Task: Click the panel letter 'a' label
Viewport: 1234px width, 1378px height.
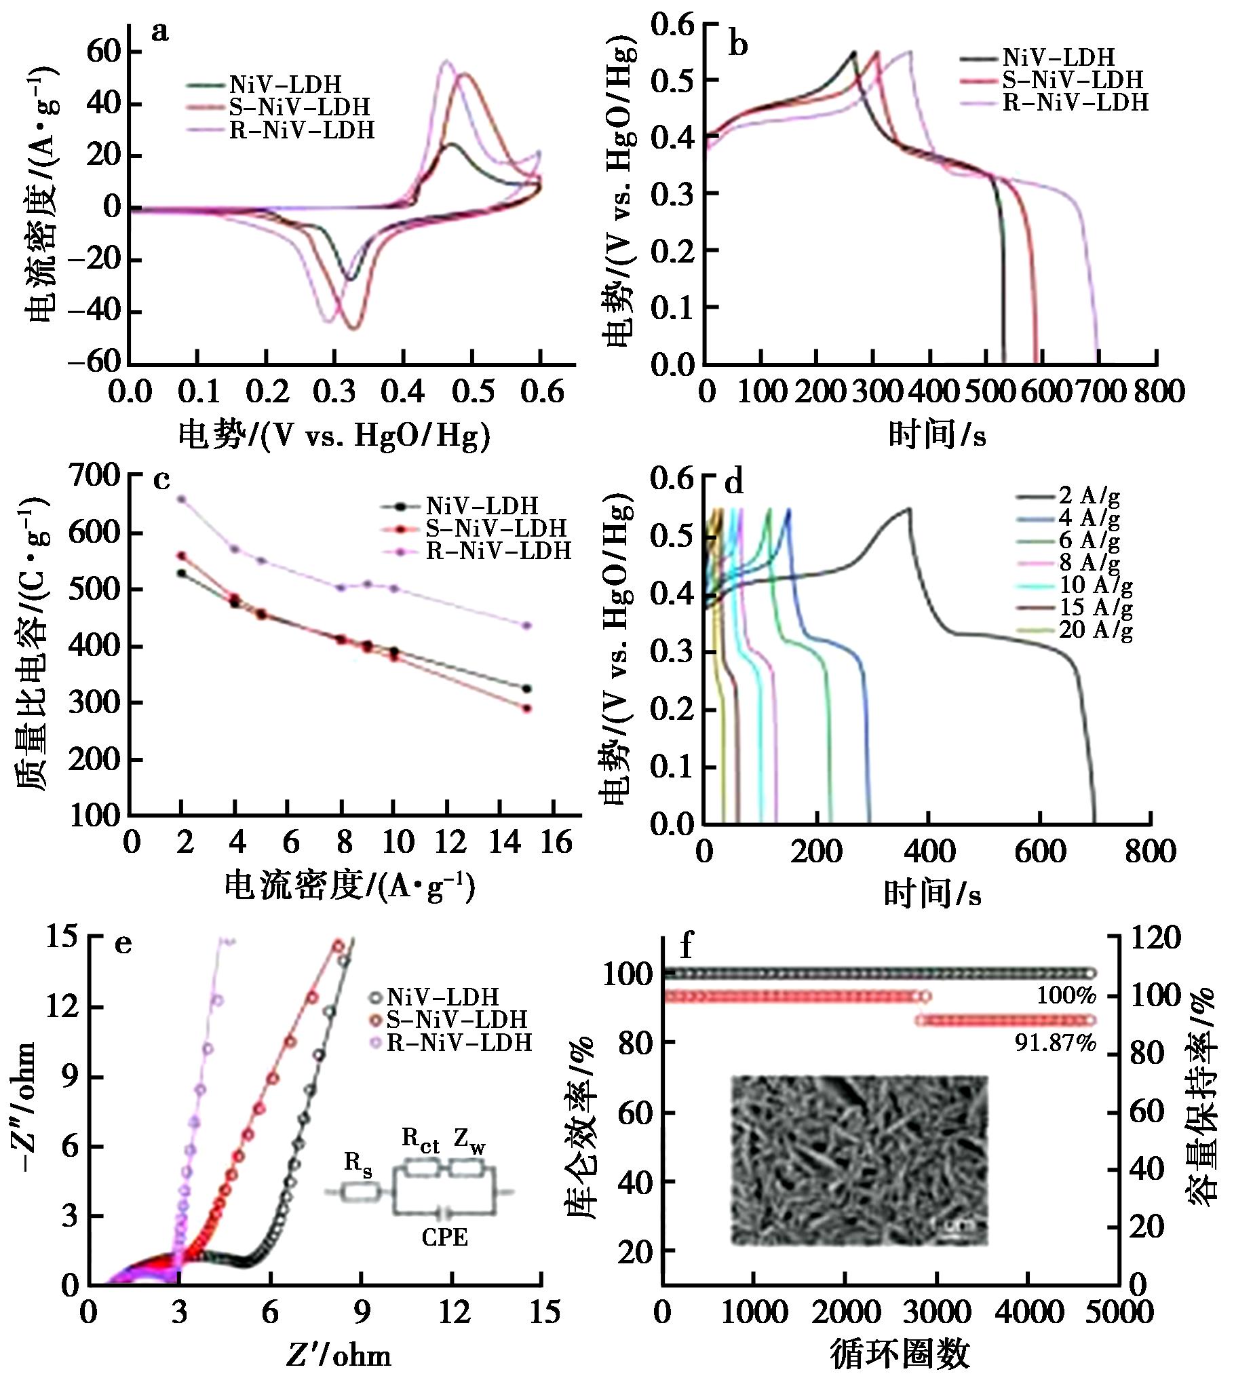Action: [159, 32]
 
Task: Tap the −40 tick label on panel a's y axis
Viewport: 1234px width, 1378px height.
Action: [95, 311]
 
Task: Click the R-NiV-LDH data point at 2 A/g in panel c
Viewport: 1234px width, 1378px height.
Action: [181, 499]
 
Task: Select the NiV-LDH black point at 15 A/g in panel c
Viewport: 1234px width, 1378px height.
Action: [526, 689]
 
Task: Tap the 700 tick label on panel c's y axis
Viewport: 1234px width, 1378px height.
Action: [95, 477]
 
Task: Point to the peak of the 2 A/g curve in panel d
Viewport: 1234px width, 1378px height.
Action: [908, 508]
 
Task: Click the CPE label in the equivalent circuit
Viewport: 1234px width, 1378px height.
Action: [444, 1237]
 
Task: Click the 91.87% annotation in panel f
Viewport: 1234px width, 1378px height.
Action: [1055, 1043]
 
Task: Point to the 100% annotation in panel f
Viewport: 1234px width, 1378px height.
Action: [1066, 996]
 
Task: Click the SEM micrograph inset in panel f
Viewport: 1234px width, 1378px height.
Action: [859, 1160]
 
